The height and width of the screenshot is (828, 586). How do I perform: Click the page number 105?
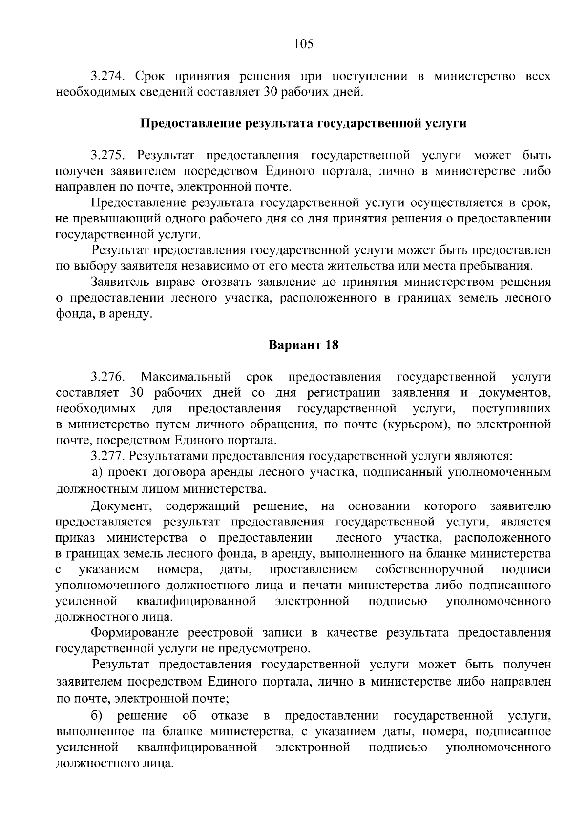[303, 44]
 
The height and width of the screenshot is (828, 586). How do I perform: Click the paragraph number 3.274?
[109, 77]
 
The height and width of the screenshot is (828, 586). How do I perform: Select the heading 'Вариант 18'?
[303, 345]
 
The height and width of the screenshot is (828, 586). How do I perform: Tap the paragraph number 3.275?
[109, 156]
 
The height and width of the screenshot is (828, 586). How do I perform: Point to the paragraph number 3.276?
[109, 377]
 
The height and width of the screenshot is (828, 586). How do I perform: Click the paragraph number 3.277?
[109, 456]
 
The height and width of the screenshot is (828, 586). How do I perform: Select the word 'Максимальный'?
[186, 377]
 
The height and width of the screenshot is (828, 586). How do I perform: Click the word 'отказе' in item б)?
[230, 716]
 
